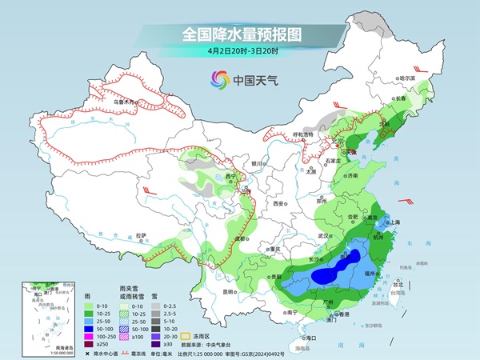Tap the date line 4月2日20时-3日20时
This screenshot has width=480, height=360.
coord(239,52)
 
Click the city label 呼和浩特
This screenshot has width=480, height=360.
coord(301,135)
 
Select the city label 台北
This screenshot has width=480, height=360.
coord(394,284)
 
